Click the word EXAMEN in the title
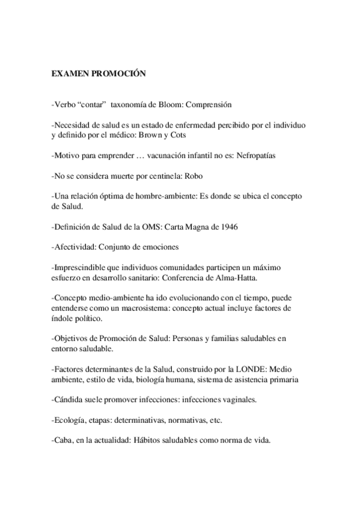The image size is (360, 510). [x=71, y=74]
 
